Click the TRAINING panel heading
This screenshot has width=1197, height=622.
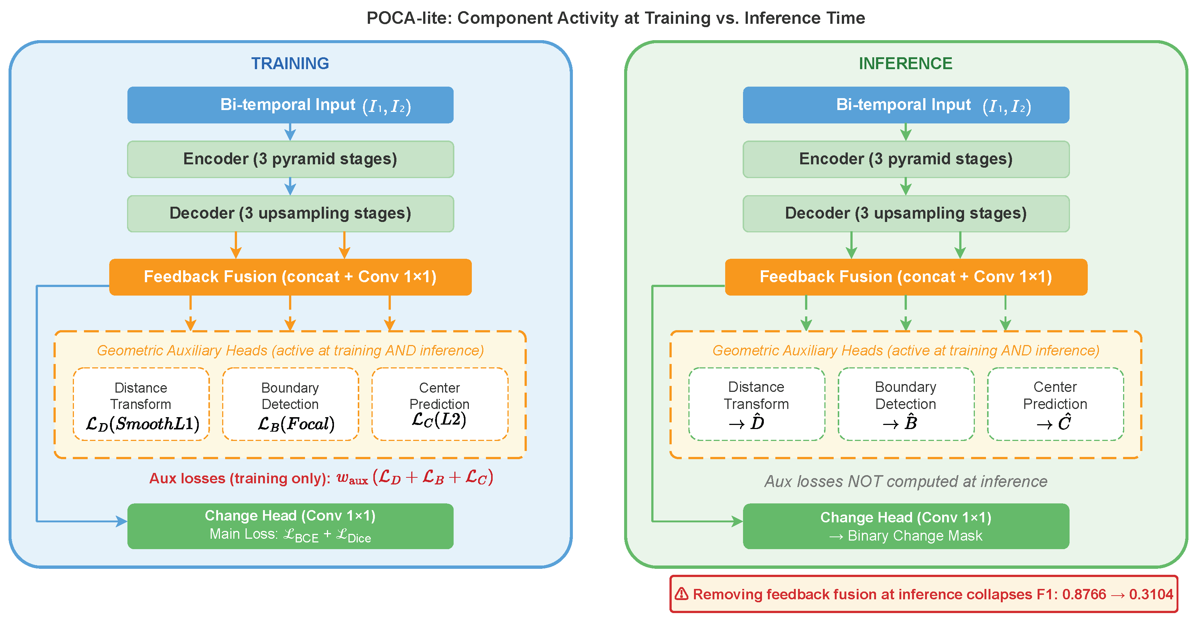pos(290,63)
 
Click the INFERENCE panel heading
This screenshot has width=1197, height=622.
pos(905,63)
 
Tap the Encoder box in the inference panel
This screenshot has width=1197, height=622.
pos(906,159)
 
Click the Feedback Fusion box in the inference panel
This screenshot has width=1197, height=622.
pos(906,277)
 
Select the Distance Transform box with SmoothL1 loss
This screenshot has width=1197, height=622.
pos(141,404)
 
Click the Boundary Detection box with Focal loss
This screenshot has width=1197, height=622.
pos(291,404)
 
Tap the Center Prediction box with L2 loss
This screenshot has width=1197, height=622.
pos(439,404)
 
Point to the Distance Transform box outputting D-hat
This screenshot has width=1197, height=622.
pos(756,404)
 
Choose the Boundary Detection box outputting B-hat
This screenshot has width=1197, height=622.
pos(906,404)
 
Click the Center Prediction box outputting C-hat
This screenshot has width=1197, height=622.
pos(1055,404)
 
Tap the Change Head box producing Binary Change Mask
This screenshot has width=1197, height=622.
pos(906,526)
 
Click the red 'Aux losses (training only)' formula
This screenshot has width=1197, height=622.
pos(321,477)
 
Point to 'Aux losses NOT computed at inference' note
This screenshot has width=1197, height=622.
pos(906,481)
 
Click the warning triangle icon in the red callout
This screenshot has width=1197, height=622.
pos(681,594)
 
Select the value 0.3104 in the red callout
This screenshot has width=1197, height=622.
pos(1151,594)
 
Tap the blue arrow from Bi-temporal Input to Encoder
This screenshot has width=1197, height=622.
pos(290,132)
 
